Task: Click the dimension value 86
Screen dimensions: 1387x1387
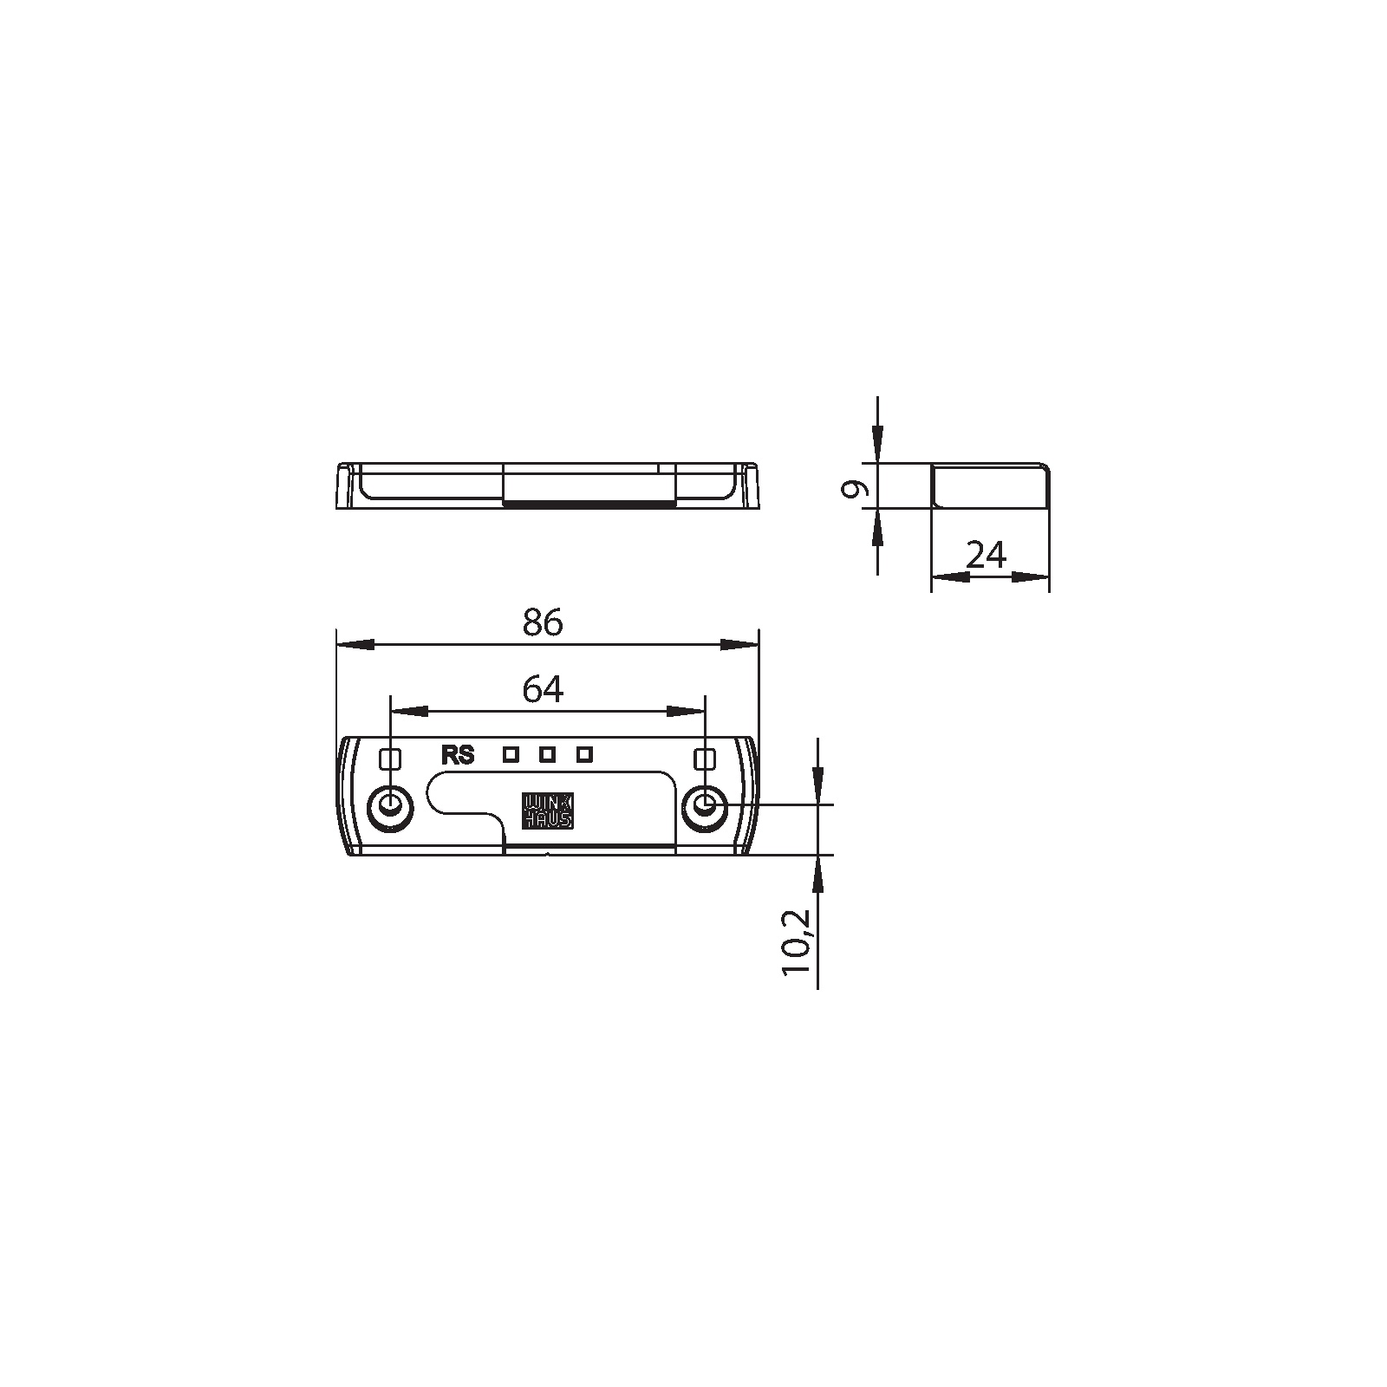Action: (543, 622)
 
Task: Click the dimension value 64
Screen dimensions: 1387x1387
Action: (543, 689)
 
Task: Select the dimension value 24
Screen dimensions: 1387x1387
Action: (986, 554)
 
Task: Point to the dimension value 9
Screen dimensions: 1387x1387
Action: (855, 489)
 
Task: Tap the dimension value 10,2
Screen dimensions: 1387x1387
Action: (797, 942)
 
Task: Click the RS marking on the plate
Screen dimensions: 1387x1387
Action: (458, 756)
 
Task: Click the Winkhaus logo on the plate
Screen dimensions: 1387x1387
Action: (546, 810)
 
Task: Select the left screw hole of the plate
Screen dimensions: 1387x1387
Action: (391, 808)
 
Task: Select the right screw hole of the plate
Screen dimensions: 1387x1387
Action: (705, 808)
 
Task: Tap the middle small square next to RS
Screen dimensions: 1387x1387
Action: (547, 755)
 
